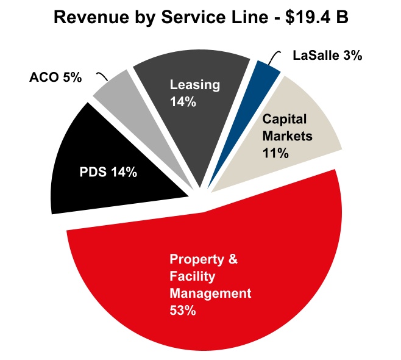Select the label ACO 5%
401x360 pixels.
pyautogui.click(x=55, y=77)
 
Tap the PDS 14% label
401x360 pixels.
pyautogui.click(x=108, y=172)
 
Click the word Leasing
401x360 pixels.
pyautogui.click(x=194, y=85)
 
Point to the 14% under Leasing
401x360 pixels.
pyautogui.click(x=183, y=102)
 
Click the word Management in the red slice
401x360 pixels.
pyautogui.click(x=210, y=293)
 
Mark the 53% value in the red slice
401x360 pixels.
pyautogui.click(x=182, y=311)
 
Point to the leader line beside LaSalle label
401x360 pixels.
pyautogui.click(x=274, y=59)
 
